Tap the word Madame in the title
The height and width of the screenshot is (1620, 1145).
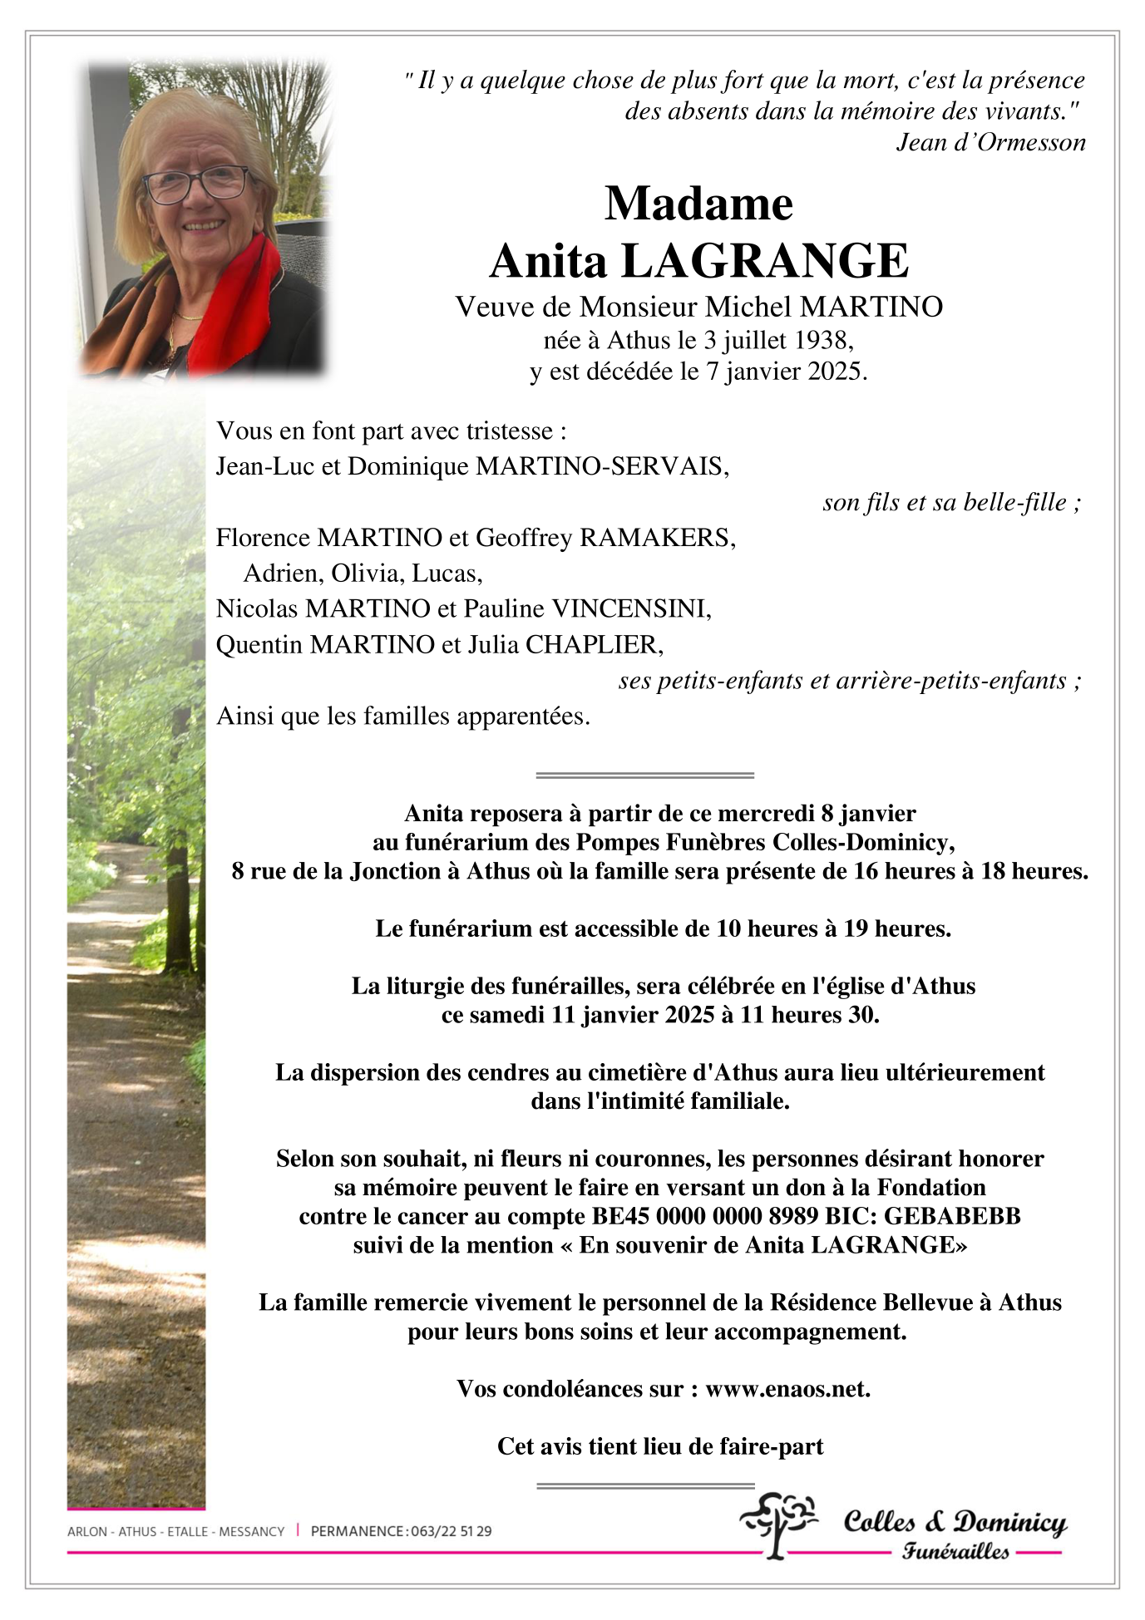698,204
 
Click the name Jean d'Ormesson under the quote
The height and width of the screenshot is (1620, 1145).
990,143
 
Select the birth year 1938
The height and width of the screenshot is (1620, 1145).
822,340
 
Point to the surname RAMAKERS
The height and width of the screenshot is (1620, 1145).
656,538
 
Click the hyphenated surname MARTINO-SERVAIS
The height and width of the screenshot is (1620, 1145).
601,466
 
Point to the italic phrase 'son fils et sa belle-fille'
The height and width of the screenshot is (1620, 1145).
945,502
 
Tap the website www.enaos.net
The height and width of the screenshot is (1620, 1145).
787,1389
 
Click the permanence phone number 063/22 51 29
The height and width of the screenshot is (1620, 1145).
451,1531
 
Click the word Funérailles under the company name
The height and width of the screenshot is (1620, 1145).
955,1551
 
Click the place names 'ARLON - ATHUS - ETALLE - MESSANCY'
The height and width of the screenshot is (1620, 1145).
175,1531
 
